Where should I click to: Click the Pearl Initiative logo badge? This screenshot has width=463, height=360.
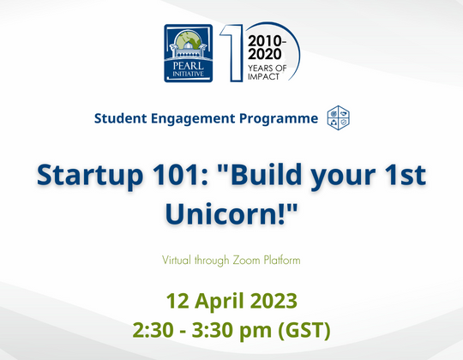coord(189,53)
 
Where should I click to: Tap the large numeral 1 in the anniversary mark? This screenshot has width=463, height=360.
coord(229,53)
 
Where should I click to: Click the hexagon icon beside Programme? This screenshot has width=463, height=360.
coord(339,117)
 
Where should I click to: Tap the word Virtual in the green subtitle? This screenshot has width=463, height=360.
coord(177,258)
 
